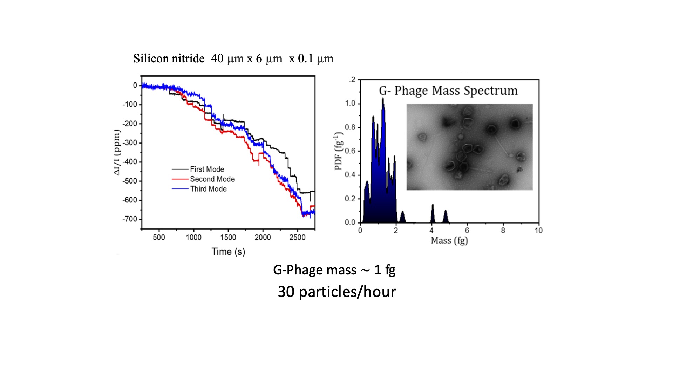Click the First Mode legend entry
(207, 169)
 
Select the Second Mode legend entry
(212, 179)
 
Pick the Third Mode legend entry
(208, 189)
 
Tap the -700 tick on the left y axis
(130, 219)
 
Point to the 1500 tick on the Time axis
(228, 238)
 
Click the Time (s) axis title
(228, 252)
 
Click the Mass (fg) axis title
(449, 241)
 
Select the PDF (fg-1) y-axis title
(338, 151)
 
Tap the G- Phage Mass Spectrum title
(448, 91)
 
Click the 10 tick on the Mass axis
(538, 231)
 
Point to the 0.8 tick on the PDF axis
(350, 127)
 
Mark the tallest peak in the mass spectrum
(383, 100)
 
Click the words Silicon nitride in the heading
(169, 58)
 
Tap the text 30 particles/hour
(336, 292)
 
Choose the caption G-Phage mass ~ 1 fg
(334, 270)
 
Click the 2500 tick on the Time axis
(297, 238)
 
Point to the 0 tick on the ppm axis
(135, 85)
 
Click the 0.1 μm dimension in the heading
(315, 58)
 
